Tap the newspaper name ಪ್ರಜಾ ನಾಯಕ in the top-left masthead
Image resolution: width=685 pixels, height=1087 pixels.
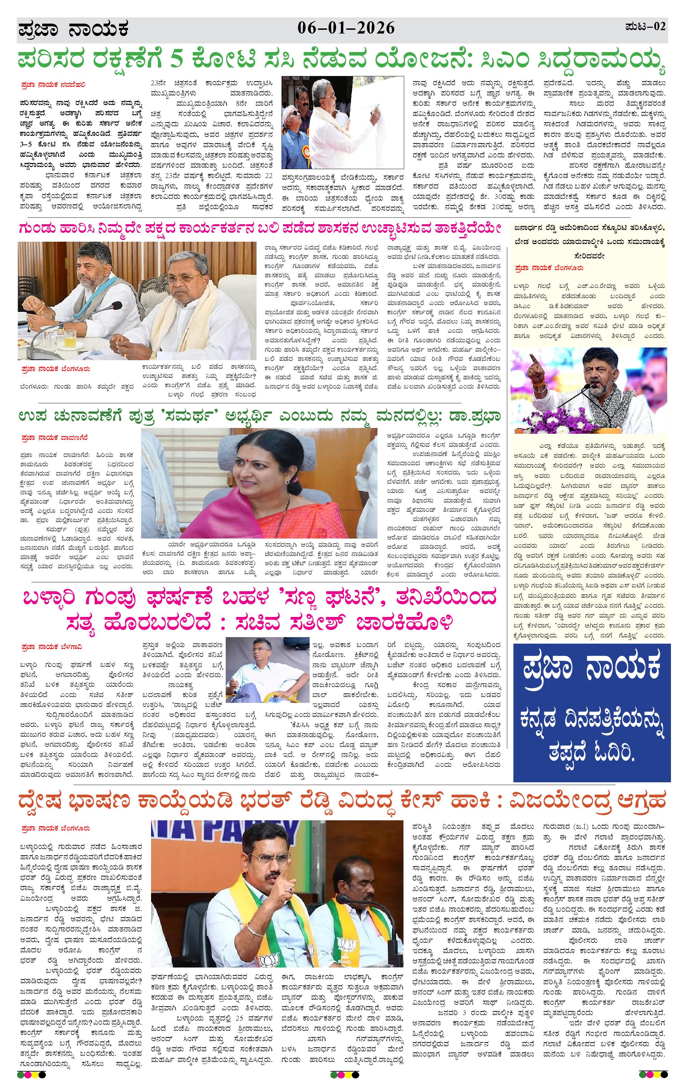click(73, 30)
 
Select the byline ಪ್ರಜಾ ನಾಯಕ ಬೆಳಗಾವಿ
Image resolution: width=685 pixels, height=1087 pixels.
click(51, 647)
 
